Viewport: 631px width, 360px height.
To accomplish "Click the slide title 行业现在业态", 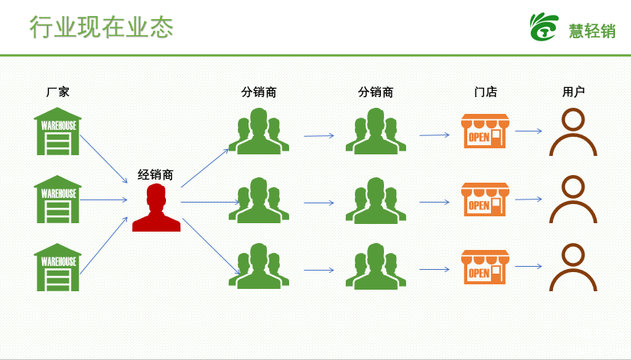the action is pyautogui.click(x=102, y=28).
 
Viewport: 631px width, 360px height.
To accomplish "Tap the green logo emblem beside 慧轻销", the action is pyautogui.click(x=544, y=27).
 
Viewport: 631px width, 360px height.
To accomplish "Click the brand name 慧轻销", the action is pyautogui.click(x=592, y=31).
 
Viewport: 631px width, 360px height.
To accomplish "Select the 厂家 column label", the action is pyautogui.click(x=57, y=92).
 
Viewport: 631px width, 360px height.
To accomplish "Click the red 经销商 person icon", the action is pyautogui.click(x=156, y=208).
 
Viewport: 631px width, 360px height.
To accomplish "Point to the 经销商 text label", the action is pyautogui.click(x=155, y=174).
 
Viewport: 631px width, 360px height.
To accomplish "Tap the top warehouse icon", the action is pyautogui.click(x=57, y=131).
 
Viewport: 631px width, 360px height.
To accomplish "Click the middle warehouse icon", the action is pyautogui.click(x=57, y=199).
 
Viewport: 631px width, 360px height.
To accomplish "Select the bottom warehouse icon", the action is pyautogui.click(x=57, y=267).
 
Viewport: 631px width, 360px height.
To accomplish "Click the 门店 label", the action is pyautogui.click(x=486, y=92).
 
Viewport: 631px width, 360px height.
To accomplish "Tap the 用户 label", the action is pyautogui.click(x=574, y=92).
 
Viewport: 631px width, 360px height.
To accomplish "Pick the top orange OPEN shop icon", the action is pyautogui.click(x=485, y=131).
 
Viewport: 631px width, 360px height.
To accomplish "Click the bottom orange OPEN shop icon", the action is pyautogui.click(x=485, y=267).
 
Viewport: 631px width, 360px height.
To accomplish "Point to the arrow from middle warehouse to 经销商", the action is pyautogui.click(x=104, y=200).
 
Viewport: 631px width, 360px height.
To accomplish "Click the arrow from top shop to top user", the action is pyautogui.click(x=529, y=131).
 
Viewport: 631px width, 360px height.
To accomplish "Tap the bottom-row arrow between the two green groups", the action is pyautogui.click(x=319, y=270).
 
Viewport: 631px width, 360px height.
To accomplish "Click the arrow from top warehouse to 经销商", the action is pyautogui.click(x=104, y=159).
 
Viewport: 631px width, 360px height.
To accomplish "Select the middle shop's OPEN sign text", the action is pyautogui.click(x=479, y=206).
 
